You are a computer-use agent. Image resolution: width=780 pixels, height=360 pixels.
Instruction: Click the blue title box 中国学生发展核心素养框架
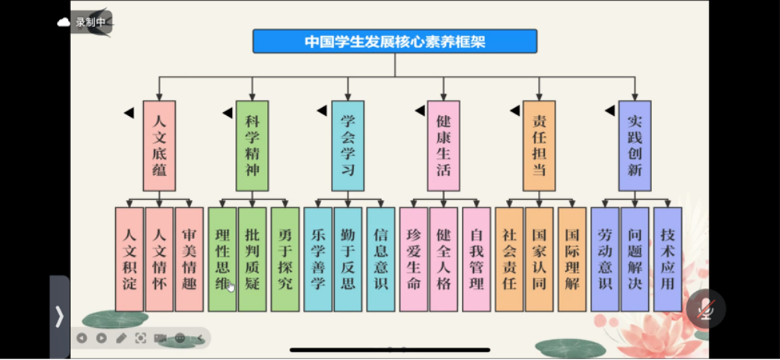click(394, 41)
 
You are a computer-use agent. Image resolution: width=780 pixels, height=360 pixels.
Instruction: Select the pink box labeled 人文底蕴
click(159, 145)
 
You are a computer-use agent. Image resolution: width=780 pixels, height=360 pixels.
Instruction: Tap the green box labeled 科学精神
click(252, 145)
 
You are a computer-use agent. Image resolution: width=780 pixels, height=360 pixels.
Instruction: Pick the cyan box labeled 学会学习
click(347, 145)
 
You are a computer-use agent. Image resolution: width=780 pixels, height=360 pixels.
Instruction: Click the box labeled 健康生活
click(443, 145)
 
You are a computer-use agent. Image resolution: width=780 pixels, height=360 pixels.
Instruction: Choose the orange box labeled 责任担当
click(539, 145)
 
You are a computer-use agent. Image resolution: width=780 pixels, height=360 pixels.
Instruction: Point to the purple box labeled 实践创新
click(635, 145)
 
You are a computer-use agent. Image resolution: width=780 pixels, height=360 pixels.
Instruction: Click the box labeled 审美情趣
click(189, 259)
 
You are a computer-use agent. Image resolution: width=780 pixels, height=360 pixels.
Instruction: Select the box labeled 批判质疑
click(252, 259)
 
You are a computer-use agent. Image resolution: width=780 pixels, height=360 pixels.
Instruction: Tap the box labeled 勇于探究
click(284, 259)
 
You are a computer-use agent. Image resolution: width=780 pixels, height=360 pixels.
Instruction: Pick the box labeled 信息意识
click(380, 259)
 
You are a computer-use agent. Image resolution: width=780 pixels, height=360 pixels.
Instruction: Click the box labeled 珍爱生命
click(413, 259)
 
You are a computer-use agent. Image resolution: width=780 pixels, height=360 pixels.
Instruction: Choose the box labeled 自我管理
click(476, 259)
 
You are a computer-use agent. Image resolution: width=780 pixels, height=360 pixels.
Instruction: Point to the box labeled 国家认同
click(539, 259)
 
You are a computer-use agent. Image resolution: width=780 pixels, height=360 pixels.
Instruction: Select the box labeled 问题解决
click(635, 259)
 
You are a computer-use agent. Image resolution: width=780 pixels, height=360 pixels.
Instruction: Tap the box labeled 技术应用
click(668, 259)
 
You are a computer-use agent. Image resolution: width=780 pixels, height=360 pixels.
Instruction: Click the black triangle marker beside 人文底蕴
click(129, 113)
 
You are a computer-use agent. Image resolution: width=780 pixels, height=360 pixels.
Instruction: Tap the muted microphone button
click(705, 308)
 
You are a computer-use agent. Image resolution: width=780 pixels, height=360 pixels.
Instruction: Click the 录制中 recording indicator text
click(90, 22)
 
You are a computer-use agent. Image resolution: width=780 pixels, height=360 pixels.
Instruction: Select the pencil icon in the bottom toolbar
click(121, 338)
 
